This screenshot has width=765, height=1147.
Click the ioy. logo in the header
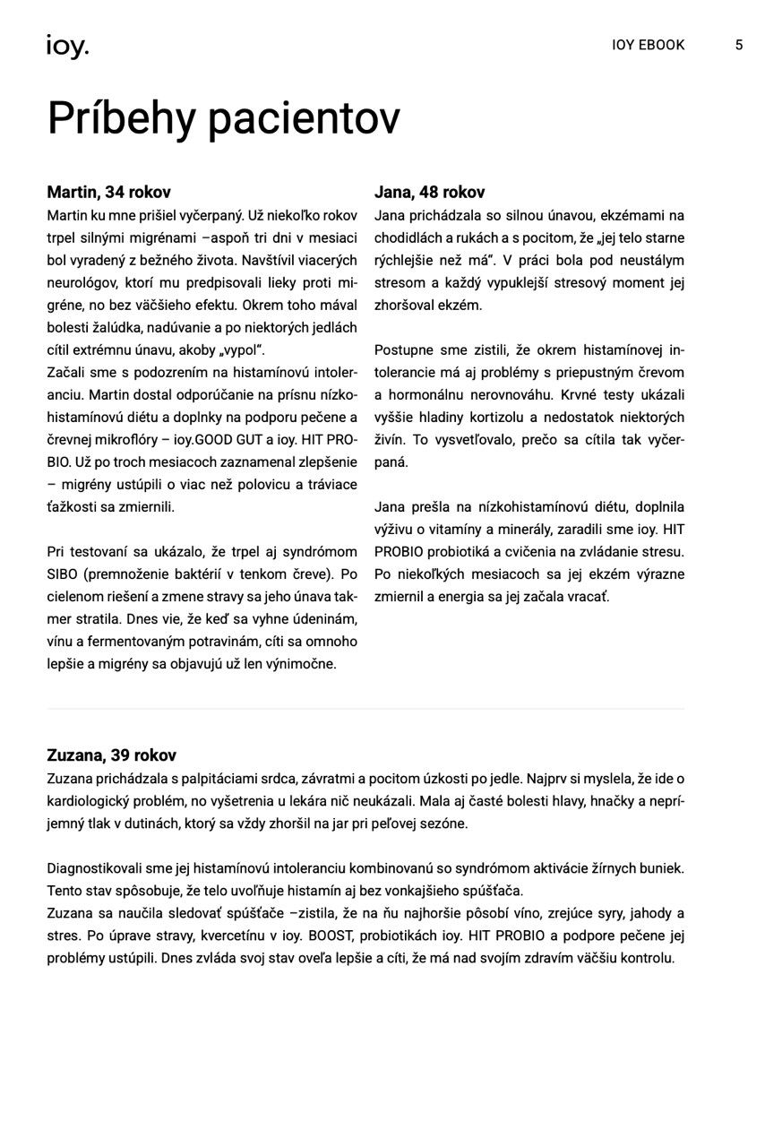(x=67, y=47)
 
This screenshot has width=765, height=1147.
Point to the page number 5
(x=739, y=45)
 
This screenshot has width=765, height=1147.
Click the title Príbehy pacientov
(x=223, y=118)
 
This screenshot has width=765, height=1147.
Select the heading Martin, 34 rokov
(x=108, y=192)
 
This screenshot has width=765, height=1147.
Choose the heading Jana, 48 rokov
(x=429, y=192)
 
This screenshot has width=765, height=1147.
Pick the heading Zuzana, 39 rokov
(x=112, y=755)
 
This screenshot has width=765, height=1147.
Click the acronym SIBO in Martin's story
(x=64, y=574)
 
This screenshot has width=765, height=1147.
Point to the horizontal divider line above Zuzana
(x=365, y=709)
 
